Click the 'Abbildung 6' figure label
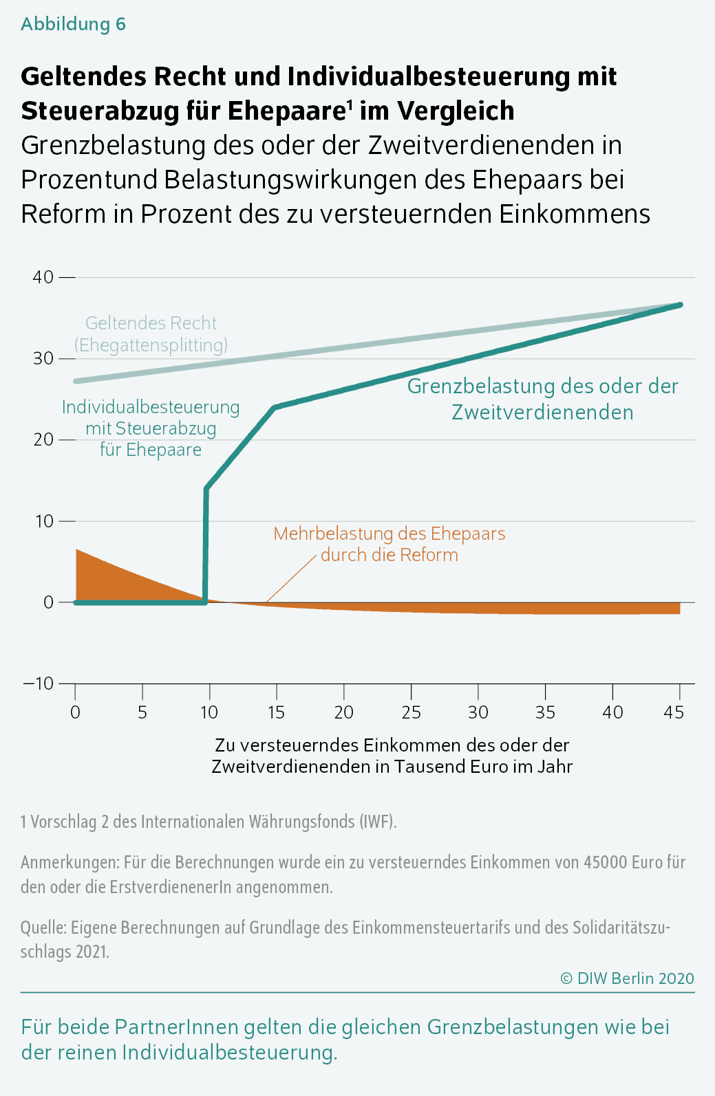73,24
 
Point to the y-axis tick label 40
43,277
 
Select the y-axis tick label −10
39,683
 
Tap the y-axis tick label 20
43,440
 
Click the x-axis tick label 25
411,712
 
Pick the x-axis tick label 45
674,712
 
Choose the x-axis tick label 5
142,712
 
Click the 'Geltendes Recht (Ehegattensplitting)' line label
151,334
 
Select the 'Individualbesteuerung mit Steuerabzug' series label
151,428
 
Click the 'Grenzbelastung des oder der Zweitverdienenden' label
543,399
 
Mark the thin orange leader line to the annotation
291,579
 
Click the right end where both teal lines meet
680,305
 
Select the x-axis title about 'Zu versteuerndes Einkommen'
392,756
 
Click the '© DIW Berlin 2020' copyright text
628,978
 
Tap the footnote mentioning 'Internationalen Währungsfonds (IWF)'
209,822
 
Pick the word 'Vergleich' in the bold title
456,111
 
